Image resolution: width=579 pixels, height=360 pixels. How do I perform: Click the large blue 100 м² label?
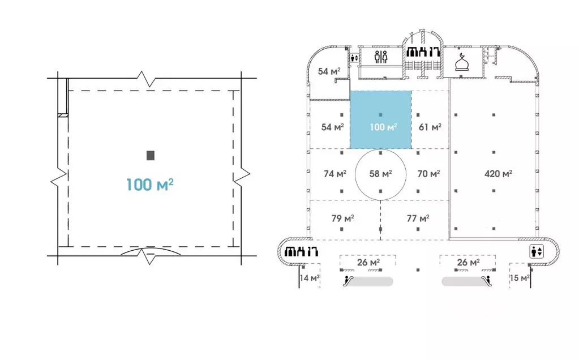150,185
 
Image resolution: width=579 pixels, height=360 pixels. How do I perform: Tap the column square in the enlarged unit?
151,156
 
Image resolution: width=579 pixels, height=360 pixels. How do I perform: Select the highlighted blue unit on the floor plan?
381,119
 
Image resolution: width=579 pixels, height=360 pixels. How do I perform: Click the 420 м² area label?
498,173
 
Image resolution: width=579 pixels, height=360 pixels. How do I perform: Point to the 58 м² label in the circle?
380,173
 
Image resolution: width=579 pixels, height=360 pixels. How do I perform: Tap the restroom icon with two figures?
381,57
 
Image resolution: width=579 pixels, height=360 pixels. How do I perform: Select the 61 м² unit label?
430,127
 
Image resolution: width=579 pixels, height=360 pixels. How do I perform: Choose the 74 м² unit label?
335,173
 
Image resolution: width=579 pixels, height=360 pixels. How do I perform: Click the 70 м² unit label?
428,173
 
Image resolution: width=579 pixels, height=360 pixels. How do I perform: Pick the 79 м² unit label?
342,218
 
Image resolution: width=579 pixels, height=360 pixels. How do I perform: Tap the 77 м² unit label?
418,218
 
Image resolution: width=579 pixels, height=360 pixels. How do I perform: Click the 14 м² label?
310,278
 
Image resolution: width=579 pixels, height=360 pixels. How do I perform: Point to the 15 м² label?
520,278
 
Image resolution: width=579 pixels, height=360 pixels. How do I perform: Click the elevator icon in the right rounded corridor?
536,251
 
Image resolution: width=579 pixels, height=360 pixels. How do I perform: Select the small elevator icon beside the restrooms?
354,58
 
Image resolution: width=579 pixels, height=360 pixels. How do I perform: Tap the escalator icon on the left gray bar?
348,281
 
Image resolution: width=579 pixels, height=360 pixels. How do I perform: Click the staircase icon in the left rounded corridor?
301,251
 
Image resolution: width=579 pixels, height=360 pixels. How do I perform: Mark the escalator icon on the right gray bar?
487,281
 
